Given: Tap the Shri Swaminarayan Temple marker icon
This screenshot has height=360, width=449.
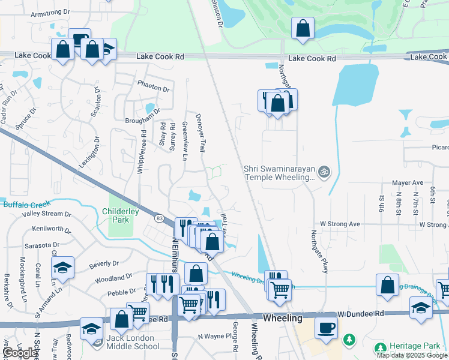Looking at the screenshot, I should click(325, 172).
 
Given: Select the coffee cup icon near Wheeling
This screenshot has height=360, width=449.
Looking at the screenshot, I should click(326, 328).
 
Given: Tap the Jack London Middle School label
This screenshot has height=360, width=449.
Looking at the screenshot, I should click(132, 346).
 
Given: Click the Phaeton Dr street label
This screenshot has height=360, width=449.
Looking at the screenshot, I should click(154, 88).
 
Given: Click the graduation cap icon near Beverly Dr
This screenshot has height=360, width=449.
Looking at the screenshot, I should click(62, 268).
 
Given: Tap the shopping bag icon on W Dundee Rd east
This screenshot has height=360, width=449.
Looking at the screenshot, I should click(388, 285).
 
